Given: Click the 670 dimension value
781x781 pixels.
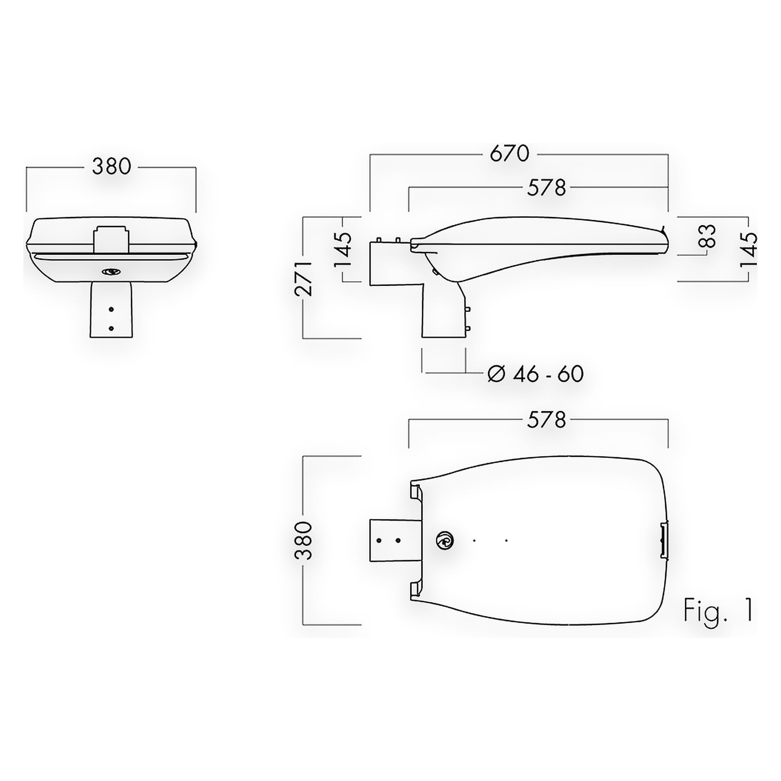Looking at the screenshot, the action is [x=509, y=153].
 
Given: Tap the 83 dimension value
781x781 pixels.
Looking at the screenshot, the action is [x=707, y=236].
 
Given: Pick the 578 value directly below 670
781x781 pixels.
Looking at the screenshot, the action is [x=546, y=187].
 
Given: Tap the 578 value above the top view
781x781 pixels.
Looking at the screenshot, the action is [x=546, y=421].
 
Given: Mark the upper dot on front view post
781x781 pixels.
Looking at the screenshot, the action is [x=111, y=309].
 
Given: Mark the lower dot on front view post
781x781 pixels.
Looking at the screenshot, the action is [x=111, y=329].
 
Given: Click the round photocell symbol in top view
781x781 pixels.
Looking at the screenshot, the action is [x=444, y=540].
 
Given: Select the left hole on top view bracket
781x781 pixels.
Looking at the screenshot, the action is [x=379, y=540].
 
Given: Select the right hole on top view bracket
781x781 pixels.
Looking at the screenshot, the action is [x=398, y=540].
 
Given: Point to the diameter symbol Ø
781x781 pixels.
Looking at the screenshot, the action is [x=497, y=374].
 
